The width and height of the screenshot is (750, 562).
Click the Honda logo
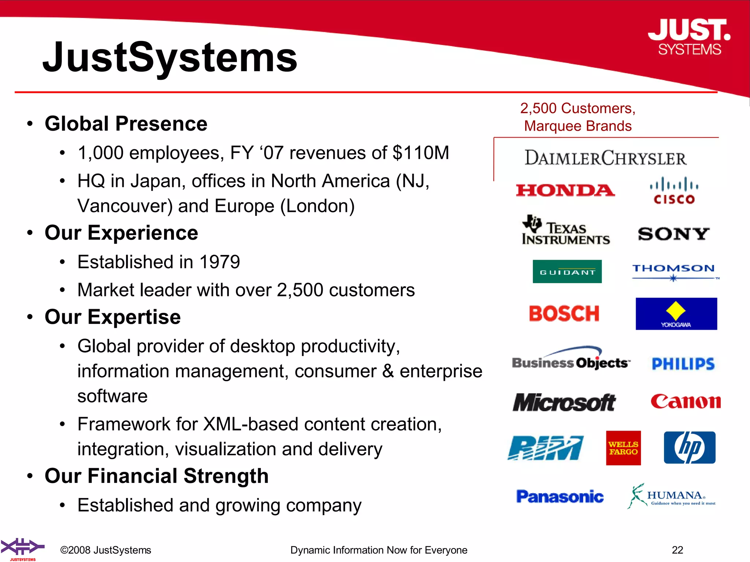(x=565, y=190)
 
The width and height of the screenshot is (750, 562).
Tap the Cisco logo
(x=674, y=191)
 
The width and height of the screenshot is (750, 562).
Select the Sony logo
(x=673, y=234)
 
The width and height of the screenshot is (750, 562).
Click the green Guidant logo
(x=567, y=271)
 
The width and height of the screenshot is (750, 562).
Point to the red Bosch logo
(x=564, y=314)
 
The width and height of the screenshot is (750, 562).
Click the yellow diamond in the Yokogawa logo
(x=676, y=311)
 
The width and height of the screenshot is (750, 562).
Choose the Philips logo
(x=683, y=364)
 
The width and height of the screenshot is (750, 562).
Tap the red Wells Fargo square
(x=623, y=448)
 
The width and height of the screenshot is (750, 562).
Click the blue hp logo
(x=690, y=447)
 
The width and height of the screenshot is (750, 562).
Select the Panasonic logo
(x=560, y=497)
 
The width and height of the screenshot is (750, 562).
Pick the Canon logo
(x=686, y=402)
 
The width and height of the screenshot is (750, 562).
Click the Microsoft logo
(x=564, y=402)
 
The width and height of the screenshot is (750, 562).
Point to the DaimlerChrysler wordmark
(x=605, y=158)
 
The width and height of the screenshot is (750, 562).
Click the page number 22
(x=677, y=550)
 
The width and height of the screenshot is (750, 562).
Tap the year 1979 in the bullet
(x=219, y=262)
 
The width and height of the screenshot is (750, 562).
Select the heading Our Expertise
(x=112, y=317)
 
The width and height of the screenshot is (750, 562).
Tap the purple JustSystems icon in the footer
(x=22, y=547)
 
